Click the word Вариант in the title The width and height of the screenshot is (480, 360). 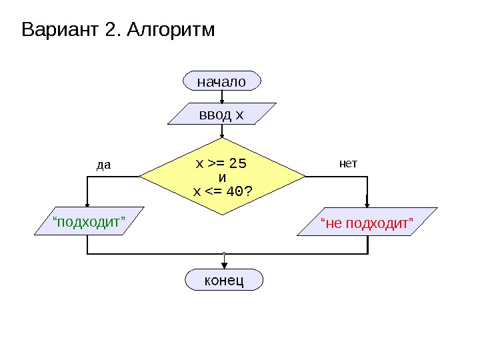tap(61, 31)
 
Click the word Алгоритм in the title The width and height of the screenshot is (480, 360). tap(171, 31)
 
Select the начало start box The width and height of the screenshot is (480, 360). tap(221, 81)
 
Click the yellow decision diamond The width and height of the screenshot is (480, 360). tap(222, 177)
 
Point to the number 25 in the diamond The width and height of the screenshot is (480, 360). tap(238, 163)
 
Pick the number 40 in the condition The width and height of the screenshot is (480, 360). tap(235, 192)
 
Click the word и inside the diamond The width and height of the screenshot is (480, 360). tap(223, 177)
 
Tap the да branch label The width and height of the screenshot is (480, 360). tap(103, 164)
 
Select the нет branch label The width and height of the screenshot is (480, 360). tap(349, 163)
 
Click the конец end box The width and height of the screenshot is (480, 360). tap(223, 280)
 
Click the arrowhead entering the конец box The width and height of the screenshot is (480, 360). tap(224, 265)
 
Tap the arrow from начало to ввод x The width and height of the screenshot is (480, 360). tap(221, 97)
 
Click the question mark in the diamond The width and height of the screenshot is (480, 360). tap(249, 192)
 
